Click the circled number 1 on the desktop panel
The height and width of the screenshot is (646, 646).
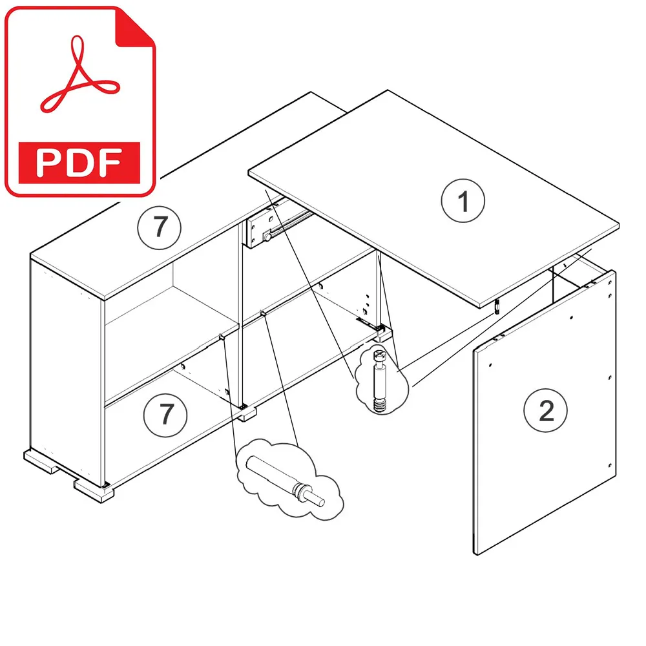click(x=463, y=201)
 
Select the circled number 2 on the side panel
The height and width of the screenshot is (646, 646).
click(x=545, y=410)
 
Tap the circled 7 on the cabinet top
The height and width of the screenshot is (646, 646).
click(x=159, y=227)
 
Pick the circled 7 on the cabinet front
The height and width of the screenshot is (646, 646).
click(x=165, y=415)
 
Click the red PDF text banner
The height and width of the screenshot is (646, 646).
click(x=79, y=163)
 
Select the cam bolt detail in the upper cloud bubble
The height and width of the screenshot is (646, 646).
click(x=379, y=380)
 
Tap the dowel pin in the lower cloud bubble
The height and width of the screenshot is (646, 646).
click(x=285, y=481)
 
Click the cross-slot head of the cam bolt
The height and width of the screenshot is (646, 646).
click(x=379, y=355)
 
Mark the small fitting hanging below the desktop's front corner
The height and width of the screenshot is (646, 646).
click(x=497, y=307)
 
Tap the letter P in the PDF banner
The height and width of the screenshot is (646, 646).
click(x=48, y=163)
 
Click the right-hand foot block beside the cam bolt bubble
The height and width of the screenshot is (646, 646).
click(x=384, y=333)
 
